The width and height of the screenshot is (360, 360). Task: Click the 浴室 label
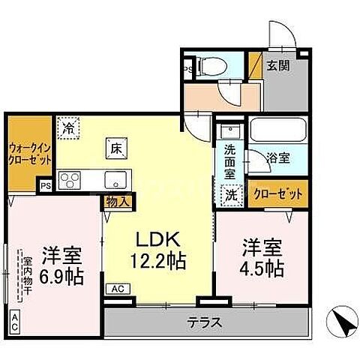coord(280,158)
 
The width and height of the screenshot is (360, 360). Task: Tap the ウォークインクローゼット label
coord(31,155)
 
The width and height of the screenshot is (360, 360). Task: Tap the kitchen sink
coord(116,180)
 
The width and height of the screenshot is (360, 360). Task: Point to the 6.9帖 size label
coord(62,274)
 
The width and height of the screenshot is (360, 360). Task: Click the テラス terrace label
coord(204,323)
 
